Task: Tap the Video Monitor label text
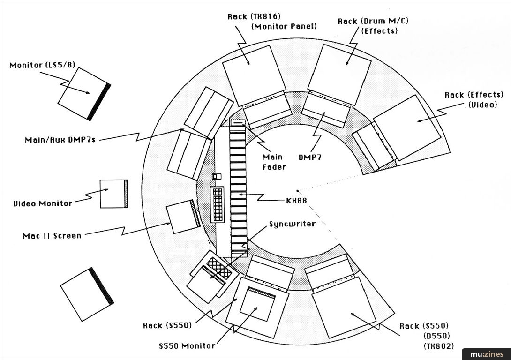pyautogui.click(x=43, y=204)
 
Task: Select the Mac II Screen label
pyautogui.click(x=52, y=236)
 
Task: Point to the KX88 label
pyautogui.click(x=296, y=200)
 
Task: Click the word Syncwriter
pyautogui.click(x=292, y=224)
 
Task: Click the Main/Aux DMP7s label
pyautogui.click(x=60, y=140)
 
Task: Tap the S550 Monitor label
pyautogui.click(x=187, y=346)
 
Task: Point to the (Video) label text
pyautogui.click(x=482, y=105)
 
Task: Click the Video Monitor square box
pyautogui.click(x=113, y=194)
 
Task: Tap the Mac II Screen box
pyautogui.click(x=183, y=217)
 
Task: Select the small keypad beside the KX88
pyautogui.click(x=218, y=204)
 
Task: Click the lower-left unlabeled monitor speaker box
pyautogui.click(x=87, y=294)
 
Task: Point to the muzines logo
pyautogui.click(x=485, y=354)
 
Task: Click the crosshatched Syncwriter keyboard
pyautogui.click(x=219, y=268)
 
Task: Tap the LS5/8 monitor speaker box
pyautogui.click(x=84, y=94)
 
